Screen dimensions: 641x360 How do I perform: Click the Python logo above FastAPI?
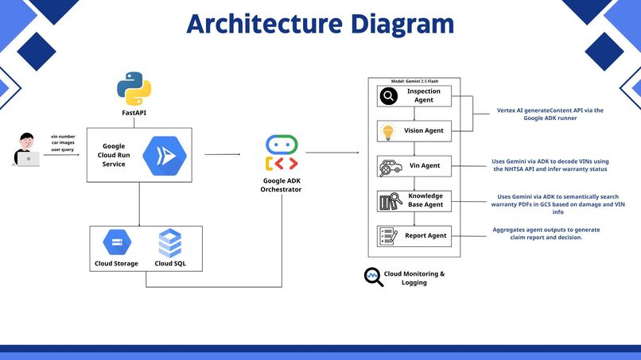point(134,89)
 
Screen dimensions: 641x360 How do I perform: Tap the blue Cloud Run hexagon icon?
point(165,156)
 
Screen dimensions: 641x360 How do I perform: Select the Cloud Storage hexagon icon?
point(117,242)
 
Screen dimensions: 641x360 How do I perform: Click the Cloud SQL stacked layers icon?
point(170,243)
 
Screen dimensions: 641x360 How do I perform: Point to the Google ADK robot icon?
point(282,153)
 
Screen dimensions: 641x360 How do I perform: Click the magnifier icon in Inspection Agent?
point(389,96)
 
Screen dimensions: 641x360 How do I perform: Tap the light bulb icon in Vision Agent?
point(387,131)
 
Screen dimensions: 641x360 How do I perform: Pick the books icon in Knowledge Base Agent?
point(390,201)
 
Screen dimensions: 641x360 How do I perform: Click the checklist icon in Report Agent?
point(388,236)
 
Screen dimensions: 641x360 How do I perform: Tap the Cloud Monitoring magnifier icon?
point(374,277)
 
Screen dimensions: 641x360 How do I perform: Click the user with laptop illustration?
point(26,149)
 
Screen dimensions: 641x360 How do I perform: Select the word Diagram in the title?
point(402,24)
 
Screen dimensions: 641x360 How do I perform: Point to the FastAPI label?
point(134,113)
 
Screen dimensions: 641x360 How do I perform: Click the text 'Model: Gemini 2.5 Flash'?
point(414,81)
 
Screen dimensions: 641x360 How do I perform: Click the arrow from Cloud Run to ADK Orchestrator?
point(223,154)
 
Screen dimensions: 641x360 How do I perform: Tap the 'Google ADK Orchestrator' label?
point(282,185)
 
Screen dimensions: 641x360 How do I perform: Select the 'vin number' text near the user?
point(63,137)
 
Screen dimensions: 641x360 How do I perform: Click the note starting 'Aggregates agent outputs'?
point(546,234)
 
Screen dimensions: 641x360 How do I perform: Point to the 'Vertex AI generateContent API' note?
point(550,114)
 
